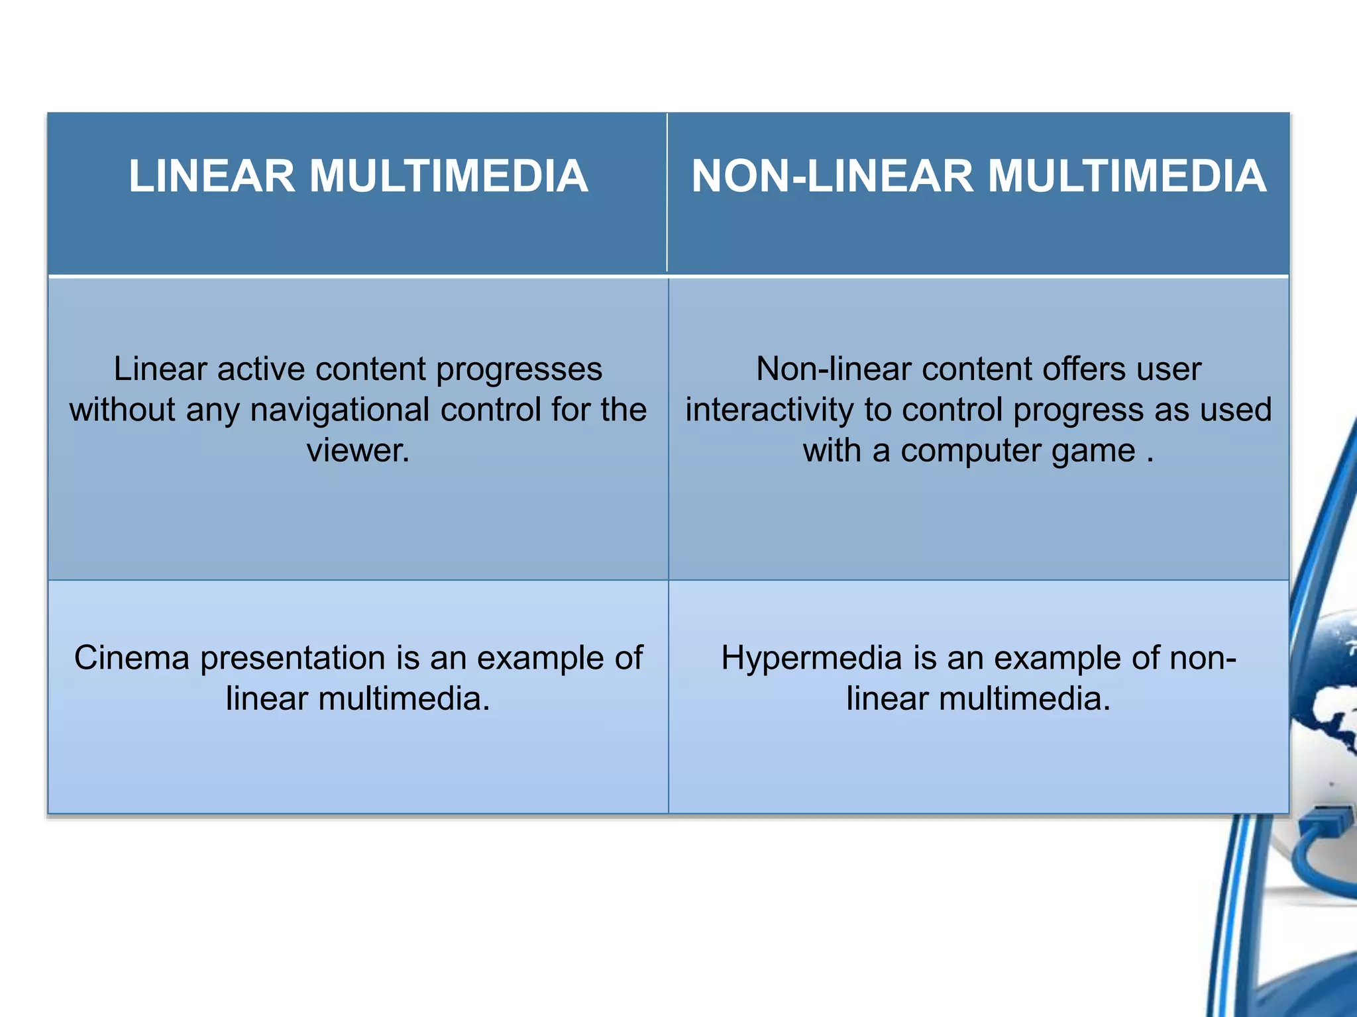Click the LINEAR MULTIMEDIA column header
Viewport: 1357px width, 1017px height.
click(x=358, y=176)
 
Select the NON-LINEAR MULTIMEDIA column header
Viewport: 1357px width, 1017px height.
click(x=979, y=176)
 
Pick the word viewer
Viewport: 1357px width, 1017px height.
click(x=358, y=451)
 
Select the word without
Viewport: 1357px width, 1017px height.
click(x=123, y=410)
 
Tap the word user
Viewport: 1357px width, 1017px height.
click(x=1169, y=369)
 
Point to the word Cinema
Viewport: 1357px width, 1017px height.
click(x=132, y=658)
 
